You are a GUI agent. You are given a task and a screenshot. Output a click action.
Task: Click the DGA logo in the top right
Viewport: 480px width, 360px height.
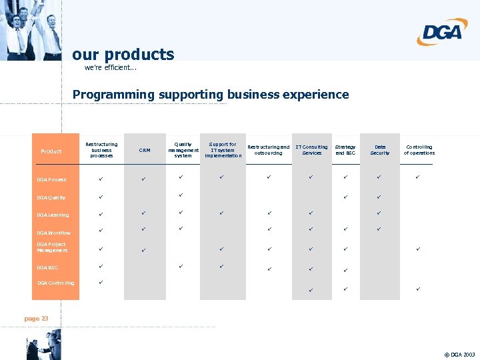[442, 31]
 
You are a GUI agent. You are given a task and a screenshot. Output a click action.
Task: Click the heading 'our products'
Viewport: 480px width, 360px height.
[123, 55]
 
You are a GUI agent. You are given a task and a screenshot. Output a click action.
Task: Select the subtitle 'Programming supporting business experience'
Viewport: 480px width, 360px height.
[211, 95]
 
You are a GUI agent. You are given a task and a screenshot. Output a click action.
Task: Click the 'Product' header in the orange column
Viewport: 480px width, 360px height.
[51, 151]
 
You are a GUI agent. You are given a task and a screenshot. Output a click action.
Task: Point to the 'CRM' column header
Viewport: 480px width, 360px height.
[145, 151]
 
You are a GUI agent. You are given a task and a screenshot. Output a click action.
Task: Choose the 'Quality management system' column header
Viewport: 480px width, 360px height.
[183, 150]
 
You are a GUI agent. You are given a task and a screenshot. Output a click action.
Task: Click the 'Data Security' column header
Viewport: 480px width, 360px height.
[380, 150]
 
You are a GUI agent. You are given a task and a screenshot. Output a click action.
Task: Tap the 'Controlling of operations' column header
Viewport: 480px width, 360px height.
[419, 150]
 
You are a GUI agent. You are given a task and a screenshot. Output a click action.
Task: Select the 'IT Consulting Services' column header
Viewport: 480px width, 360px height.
[311, 150]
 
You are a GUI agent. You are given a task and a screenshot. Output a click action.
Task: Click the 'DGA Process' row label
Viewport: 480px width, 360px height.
[52, 179]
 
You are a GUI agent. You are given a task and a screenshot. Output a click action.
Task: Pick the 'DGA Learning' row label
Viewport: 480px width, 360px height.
[53, 215]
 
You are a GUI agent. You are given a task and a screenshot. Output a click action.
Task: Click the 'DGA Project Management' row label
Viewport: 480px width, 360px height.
[52, 247]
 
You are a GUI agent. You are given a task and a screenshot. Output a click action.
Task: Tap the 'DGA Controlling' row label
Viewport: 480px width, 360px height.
[56, 283]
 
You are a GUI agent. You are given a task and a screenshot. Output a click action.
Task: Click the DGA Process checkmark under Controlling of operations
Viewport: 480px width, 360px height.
[418, 177]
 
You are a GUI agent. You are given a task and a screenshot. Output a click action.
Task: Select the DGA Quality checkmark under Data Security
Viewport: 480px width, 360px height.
[379, 197]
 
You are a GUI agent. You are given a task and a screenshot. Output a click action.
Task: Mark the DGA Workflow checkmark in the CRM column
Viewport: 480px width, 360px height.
[143, 229]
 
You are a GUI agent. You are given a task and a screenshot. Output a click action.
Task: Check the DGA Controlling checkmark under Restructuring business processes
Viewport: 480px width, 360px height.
[101, 281]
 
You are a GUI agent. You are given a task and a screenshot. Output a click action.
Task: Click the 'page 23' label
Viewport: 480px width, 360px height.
[36, 319]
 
